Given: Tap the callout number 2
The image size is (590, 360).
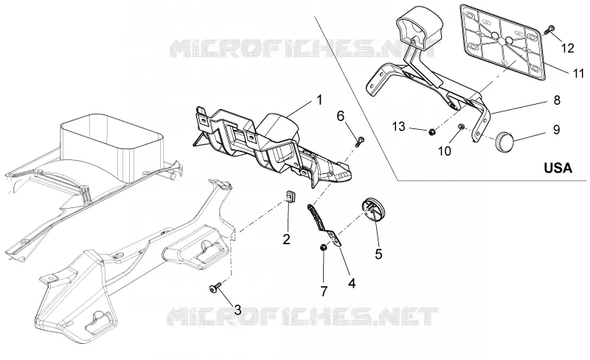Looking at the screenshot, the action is coord(287,239).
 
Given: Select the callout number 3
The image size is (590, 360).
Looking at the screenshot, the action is coord(237,311).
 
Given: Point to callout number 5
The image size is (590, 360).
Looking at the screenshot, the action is coord(378,254).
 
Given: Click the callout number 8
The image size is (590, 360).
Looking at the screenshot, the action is coord(557,100).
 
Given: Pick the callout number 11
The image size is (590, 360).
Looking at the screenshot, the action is coord(578,73).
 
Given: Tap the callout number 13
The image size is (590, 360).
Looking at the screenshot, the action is coord(398,127).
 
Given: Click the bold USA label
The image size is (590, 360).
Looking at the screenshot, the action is coord(558,168).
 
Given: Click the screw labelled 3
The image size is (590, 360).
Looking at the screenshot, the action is coord(215,289).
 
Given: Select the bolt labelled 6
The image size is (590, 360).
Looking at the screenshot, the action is coord(360,142).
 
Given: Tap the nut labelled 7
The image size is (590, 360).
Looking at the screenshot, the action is coord(323,247).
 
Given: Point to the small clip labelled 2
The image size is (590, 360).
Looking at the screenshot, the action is coord(289,195).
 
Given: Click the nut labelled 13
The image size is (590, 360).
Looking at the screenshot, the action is coord(432,131).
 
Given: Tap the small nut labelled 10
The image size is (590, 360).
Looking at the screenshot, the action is coord(460,127).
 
